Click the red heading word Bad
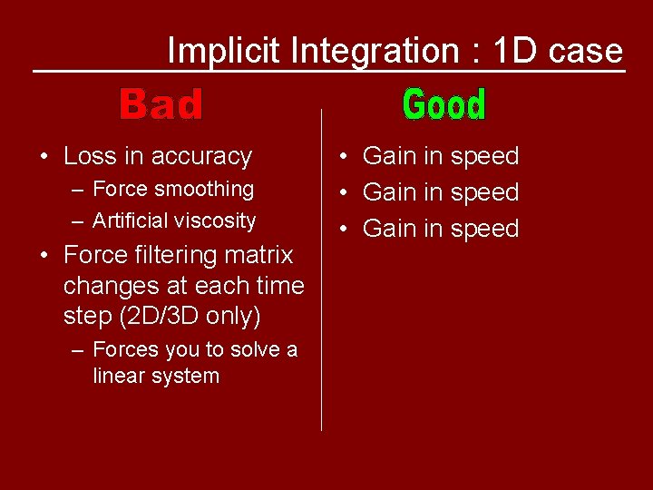coord(161,104)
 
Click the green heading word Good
coord(444,104)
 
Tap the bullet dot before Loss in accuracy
coord(44,156)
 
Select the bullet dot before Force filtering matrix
coord(44,255)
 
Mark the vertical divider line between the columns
coord(322,272)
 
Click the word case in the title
coord(586,51)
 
